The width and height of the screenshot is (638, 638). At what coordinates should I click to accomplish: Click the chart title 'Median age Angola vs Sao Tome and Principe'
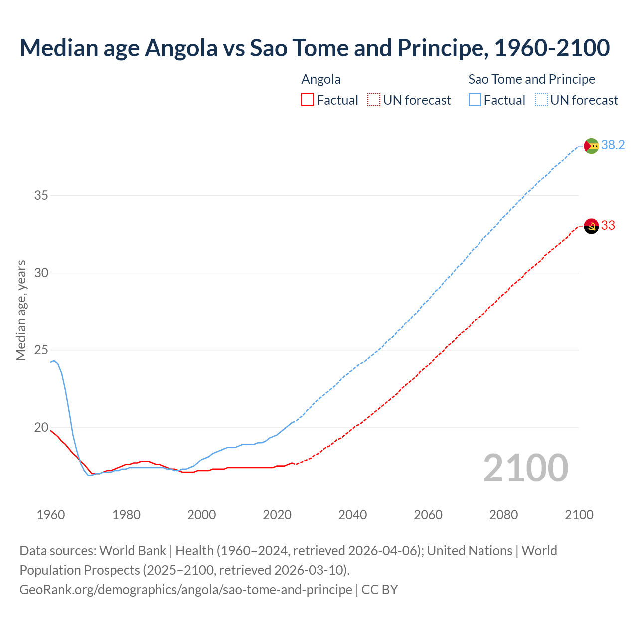[315, 48]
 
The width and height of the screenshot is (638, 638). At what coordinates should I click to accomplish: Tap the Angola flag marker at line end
[591, 226]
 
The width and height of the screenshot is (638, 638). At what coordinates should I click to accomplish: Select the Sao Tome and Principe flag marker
[591, 146]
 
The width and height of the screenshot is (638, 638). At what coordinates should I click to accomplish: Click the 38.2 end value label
[613, 145]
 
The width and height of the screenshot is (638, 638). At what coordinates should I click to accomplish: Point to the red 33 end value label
[608, 226]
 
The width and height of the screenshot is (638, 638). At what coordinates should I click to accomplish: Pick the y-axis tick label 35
[41, 195]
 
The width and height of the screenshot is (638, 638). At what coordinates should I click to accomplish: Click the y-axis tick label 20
[41, 428]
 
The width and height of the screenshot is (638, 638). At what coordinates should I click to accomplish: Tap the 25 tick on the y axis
[41, 350]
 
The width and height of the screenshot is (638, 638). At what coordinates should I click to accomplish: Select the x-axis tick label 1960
[51, 515]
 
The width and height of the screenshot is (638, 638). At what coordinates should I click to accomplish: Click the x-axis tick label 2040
[352, 515]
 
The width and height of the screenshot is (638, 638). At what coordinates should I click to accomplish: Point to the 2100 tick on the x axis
[579, 515]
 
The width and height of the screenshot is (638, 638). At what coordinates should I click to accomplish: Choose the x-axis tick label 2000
[201, 515]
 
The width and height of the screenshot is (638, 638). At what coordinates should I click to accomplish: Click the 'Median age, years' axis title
[21, 310]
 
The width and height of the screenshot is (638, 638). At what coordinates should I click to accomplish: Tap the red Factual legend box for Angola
[308, 100]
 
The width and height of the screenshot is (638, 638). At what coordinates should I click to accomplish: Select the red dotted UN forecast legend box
[374, 100]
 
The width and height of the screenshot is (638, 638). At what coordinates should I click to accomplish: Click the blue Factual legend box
[475, 100]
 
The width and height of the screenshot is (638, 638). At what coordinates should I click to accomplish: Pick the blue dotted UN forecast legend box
[541, 100]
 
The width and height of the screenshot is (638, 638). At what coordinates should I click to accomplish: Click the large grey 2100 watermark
[525, 468]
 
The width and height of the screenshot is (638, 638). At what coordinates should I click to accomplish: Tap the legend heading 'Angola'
[321, 79]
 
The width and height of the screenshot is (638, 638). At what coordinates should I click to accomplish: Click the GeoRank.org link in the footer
[185, 590]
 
